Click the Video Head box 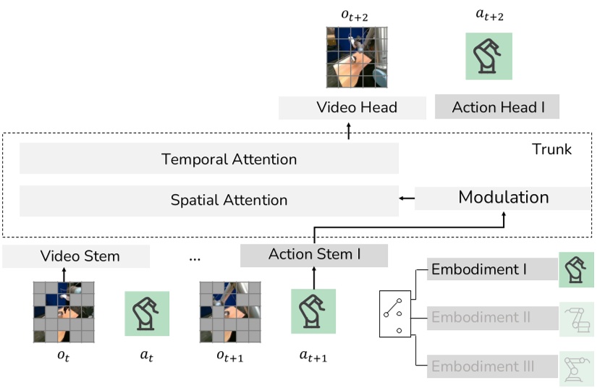point(356,108)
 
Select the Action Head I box point(497,108)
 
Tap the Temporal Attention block point(209,159)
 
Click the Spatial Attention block point(209,200)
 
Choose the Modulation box point(503,198)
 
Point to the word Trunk point(551,150)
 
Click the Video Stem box point(80,256)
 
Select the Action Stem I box point(314,255)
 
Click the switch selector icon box point(395,314)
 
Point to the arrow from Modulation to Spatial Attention point(406,198)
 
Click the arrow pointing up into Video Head point(348,130)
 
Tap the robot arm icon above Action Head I point(488,56)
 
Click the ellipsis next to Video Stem point(194,258)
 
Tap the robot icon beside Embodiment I point(576,270)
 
